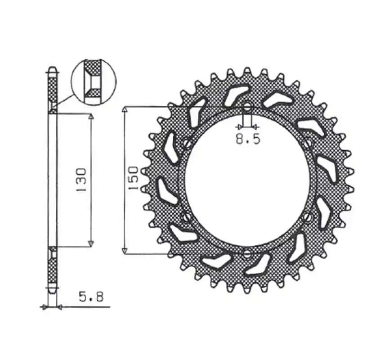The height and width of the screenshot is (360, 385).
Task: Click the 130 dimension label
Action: click(x=82, y=180)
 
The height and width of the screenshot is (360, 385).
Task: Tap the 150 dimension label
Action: click(x=134, y=178)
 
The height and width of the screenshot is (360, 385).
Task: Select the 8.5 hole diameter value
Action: click(x=248, y=139)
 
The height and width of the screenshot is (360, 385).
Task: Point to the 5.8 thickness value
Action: click(x=91, y=297)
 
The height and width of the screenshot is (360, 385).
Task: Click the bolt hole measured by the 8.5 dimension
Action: click(x=247, y=107)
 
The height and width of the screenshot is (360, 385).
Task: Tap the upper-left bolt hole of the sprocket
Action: click(x=188, y=143)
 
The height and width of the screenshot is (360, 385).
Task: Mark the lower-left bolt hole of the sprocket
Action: click(x=188, y=216)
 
